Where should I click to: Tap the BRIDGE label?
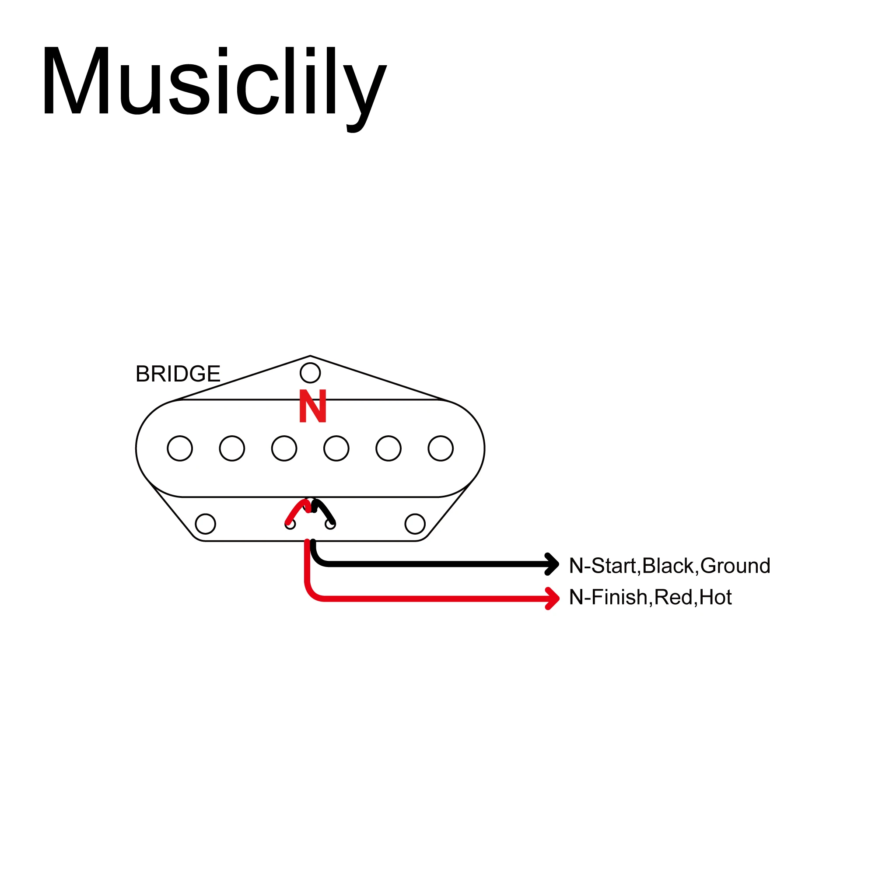pos(178,374)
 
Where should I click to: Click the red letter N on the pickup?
pos(312,406)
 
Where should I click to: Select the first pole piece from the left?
pos(180,448)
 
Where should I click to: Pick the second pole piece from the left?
pos(232,448)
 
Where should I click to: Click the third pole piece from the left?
pos(284,448)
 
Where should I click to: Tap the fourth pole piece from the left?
pos(336,448)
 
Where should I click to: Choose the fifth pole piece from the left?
pos(388,448)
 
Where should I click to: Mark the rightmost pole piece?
pos(440,448)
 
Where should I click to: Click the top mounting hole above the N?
pos(310,373)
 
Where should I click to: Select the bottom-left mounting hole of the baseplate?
pos(205,524)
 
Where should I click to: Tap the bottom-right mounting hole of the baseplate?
pos(415,524)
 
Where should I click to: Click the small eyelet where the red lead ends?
pos(290,524)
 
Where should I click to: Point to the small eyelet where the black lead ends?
pos(331,524)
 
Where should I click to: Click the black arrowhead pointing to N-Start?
pos(553,564)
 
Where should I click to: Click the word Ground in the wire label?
pos(735,566)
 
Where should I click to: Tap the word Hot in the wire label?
pos(716,597)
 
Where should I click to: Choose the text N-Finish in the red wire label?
pos(608,597)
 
